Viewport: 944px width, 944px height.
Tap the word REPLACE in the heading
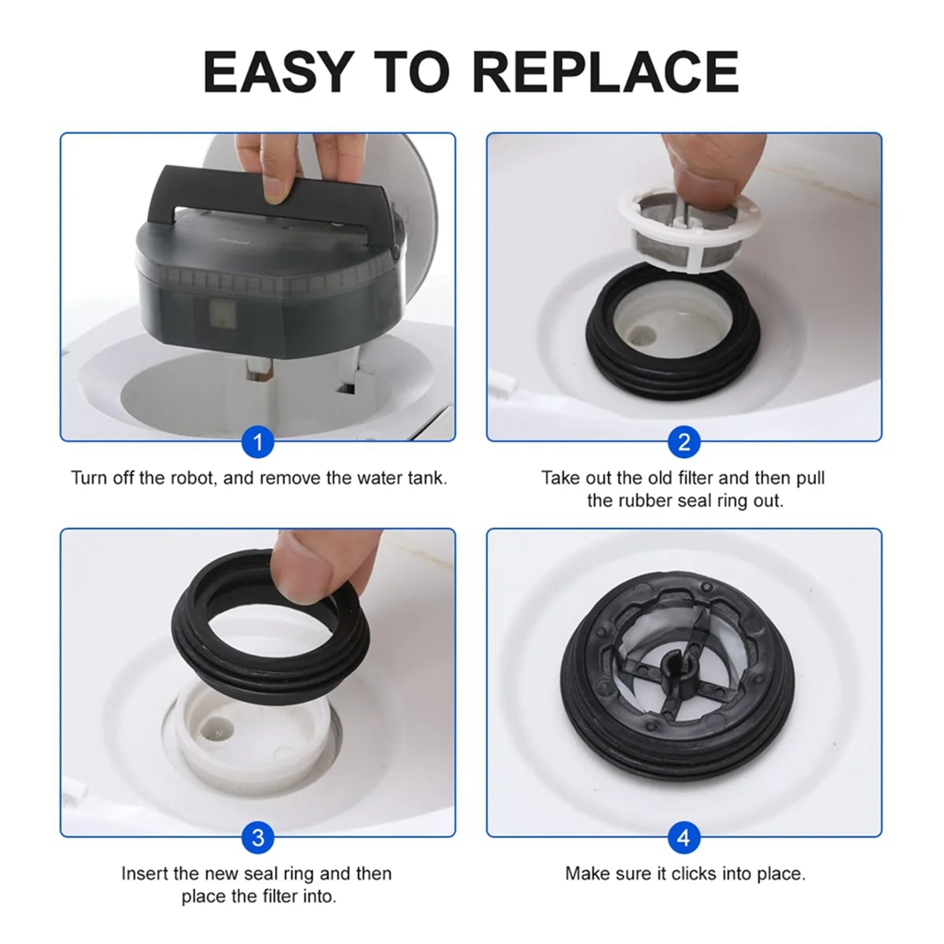pos(605,72)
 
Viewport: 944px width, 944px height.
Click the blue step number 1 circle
pos(257,442)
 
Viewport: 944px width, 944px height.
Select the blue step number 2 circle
pos(684,442)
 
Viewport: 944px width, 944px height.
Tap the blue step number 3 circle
pos(257,838)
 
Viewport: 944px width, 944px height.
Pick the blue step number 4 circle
pos(684,838)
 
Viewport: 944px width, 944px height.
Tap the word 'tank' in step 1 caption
pos(425,478)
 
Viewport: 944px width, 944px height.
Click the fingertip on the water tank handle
pos(275,189)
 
